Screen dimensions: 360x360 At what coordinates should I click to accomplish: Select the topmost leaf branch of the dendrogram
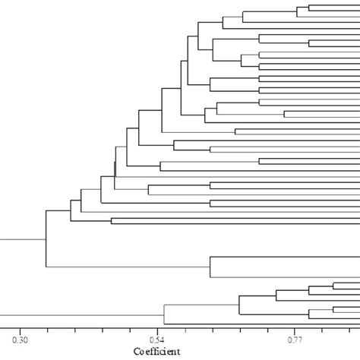pyautogui.click(x=334, y=5)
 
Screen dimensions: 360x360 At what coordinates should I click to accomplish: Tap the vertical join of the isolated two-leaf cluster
pyautogui.click(x=210, y=267)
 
